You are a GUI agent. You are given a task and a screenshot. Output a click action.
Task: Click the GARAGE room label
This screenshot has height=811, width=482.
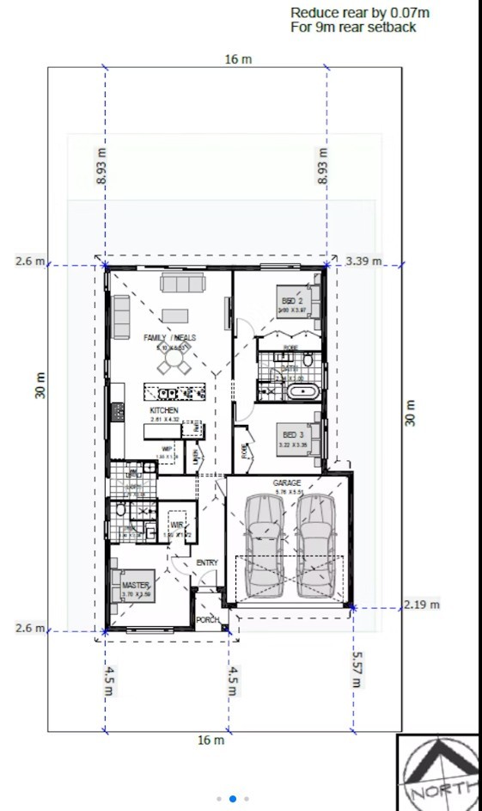point(287,483)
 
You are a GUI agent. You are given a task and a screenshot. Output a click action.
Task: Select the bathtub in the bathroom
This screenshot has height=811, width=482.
point(302,393)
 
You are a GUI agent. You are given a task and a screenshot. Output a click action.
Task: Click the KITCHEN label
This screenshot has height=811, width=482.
point(163,411)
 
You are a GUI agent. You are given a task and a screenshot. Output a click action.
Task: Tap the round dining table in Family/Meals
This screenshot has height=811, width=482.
point(174,366)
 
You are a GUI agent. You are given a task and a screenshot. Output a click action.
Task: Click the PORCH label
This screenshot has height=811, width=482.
point(207,619)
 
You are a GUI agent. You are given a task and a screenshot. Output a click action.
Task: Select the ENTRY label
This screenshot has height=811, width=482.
point(207,562)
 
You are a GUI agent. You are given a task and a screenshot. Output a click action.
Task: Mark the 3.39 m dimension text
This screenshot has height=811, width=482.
point(364,261)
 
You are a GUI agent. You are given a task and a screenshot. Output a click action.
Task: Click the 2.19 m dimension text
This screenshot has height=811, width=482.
point(422,605)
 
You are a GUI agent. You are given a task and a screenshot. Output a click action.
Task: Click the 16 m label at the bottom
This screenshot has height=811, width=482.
point(211,740)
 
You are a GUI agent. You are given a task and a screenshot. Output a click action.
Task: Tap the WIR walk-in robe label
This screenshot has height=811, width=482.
point(178,525)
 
